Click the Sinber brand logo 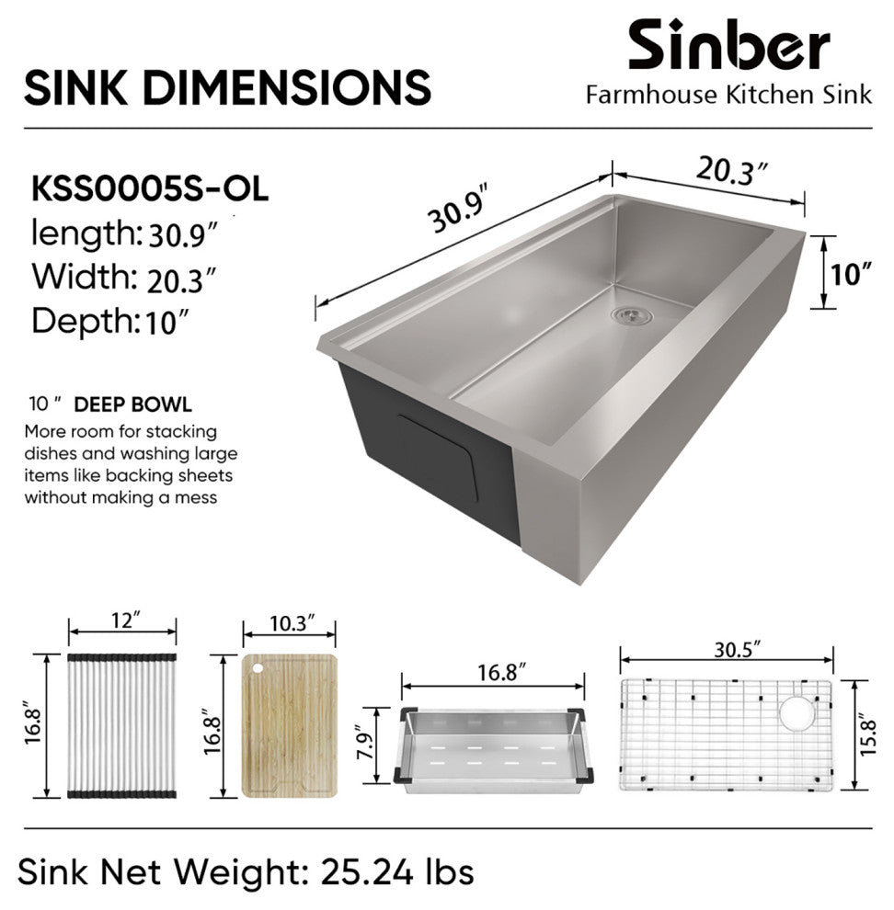pos(729,44)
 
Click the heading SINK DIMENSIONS pos(228,87)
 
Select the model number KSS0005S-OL pos(150,188)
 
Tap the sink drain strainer pos(631,314)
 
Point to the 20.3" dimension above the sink pos(732,171)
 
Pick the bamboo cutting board pos(289,725)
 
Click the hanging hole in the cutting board pos(258,668)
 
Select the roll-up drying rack pos(122,725)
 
